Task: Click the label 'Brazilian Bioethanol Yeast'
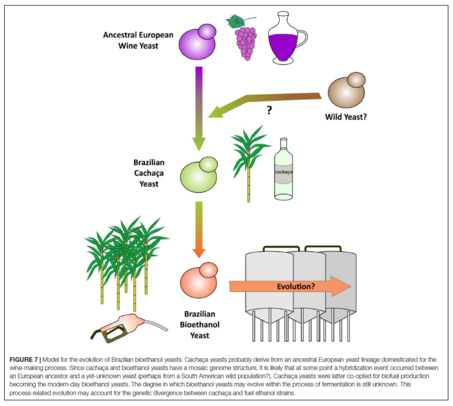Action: coord(198,324)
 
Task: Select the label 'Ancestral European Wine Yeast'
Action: coord(138,40)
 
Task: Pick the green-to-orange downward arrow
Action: coord(198,228)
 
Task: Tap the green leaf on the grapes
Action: coord(237,20)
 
